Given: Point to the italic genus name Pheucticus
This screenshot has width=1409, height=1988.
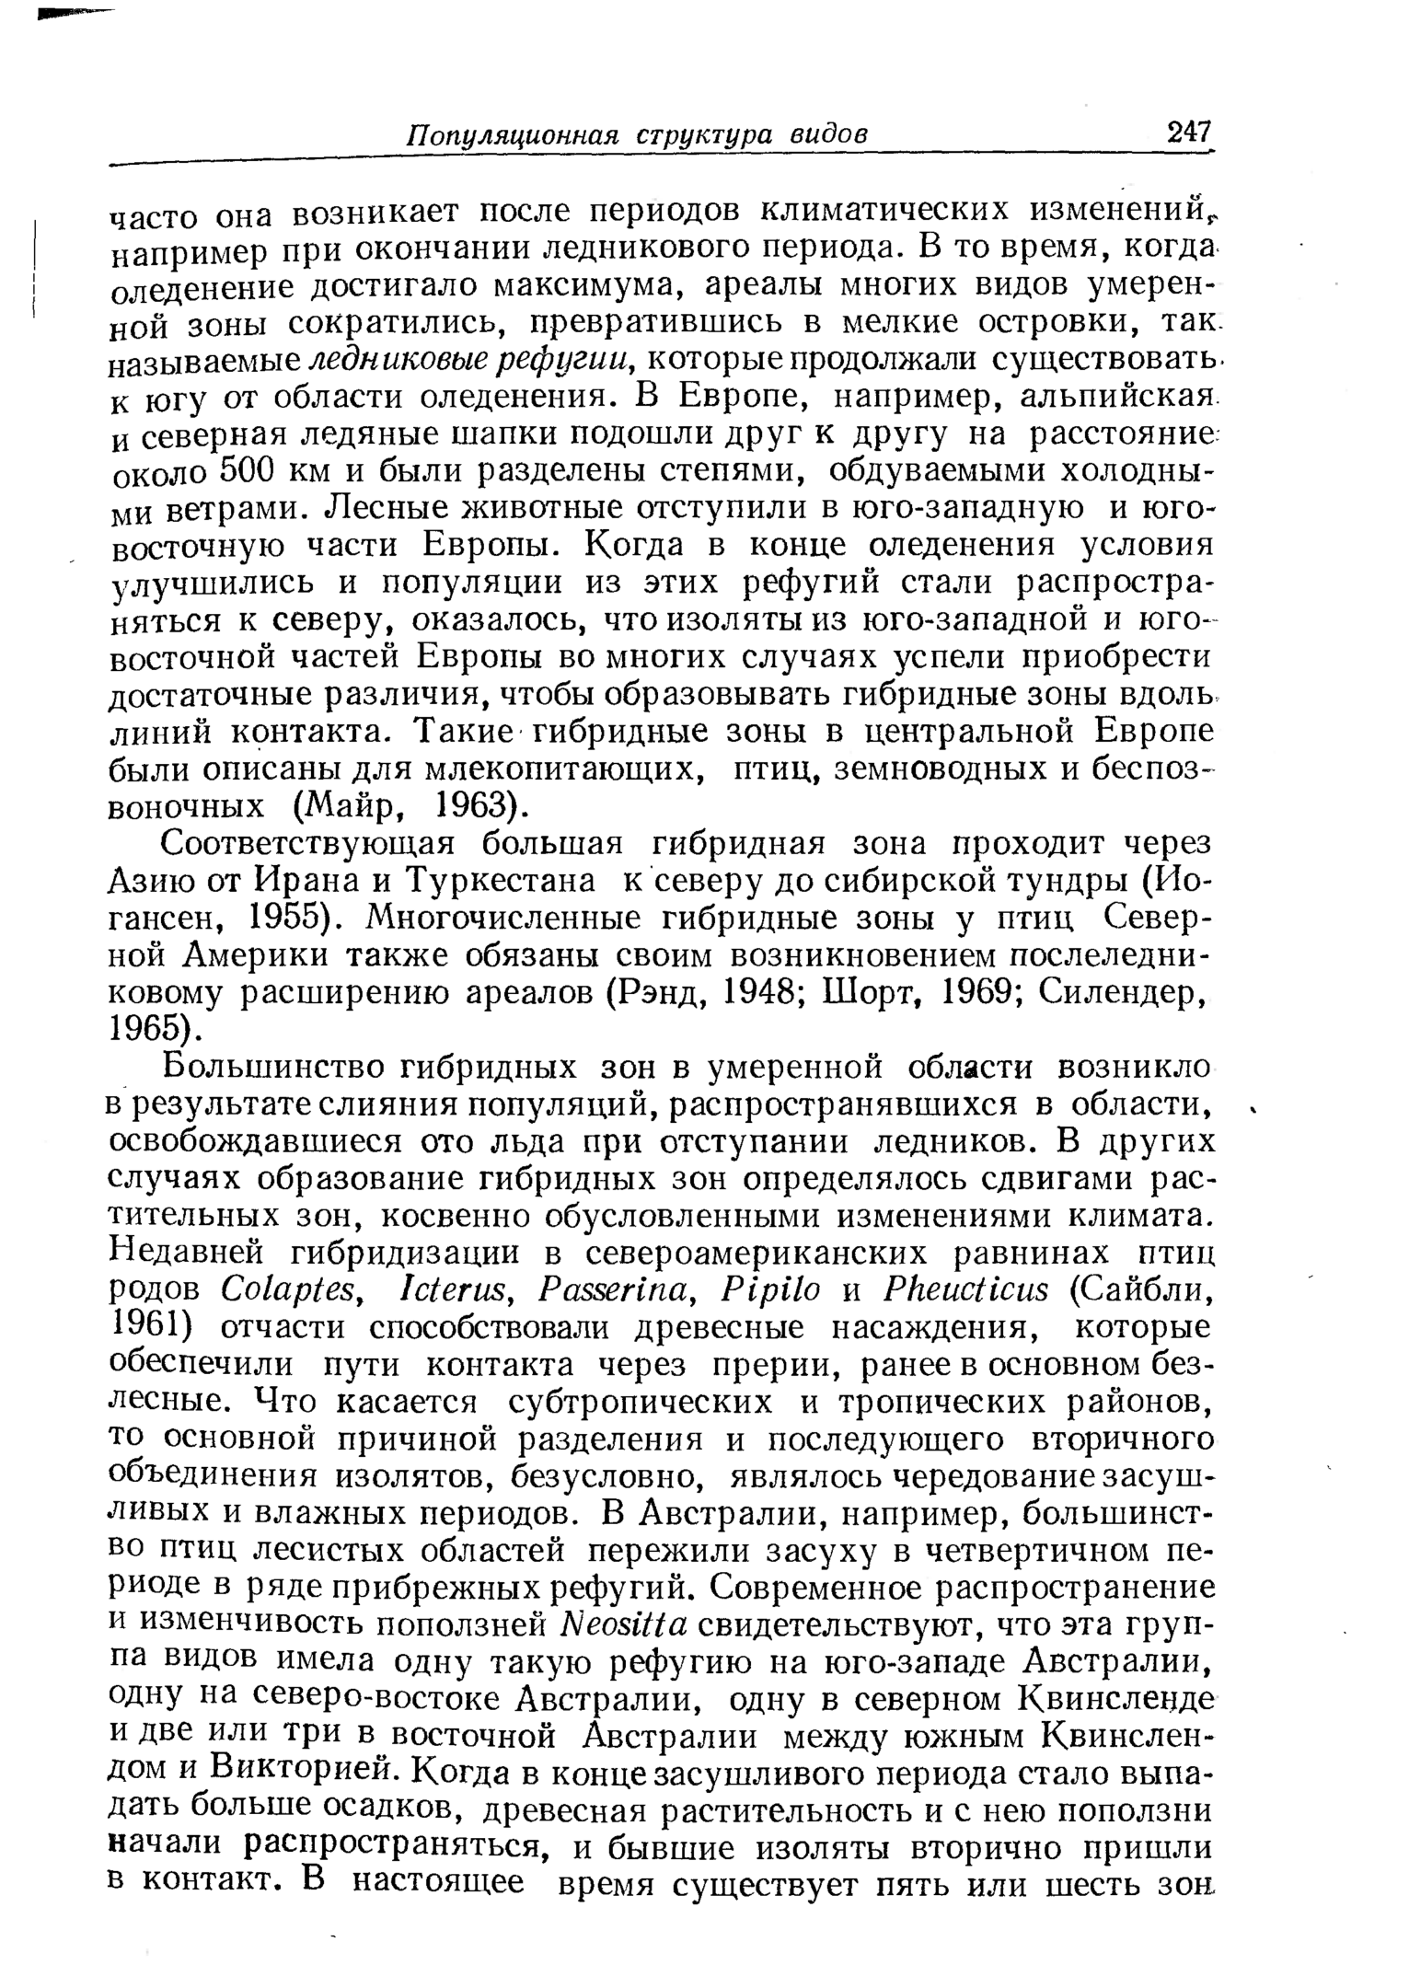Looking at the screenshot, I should pyautogui.click(x=965, y=1291).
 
